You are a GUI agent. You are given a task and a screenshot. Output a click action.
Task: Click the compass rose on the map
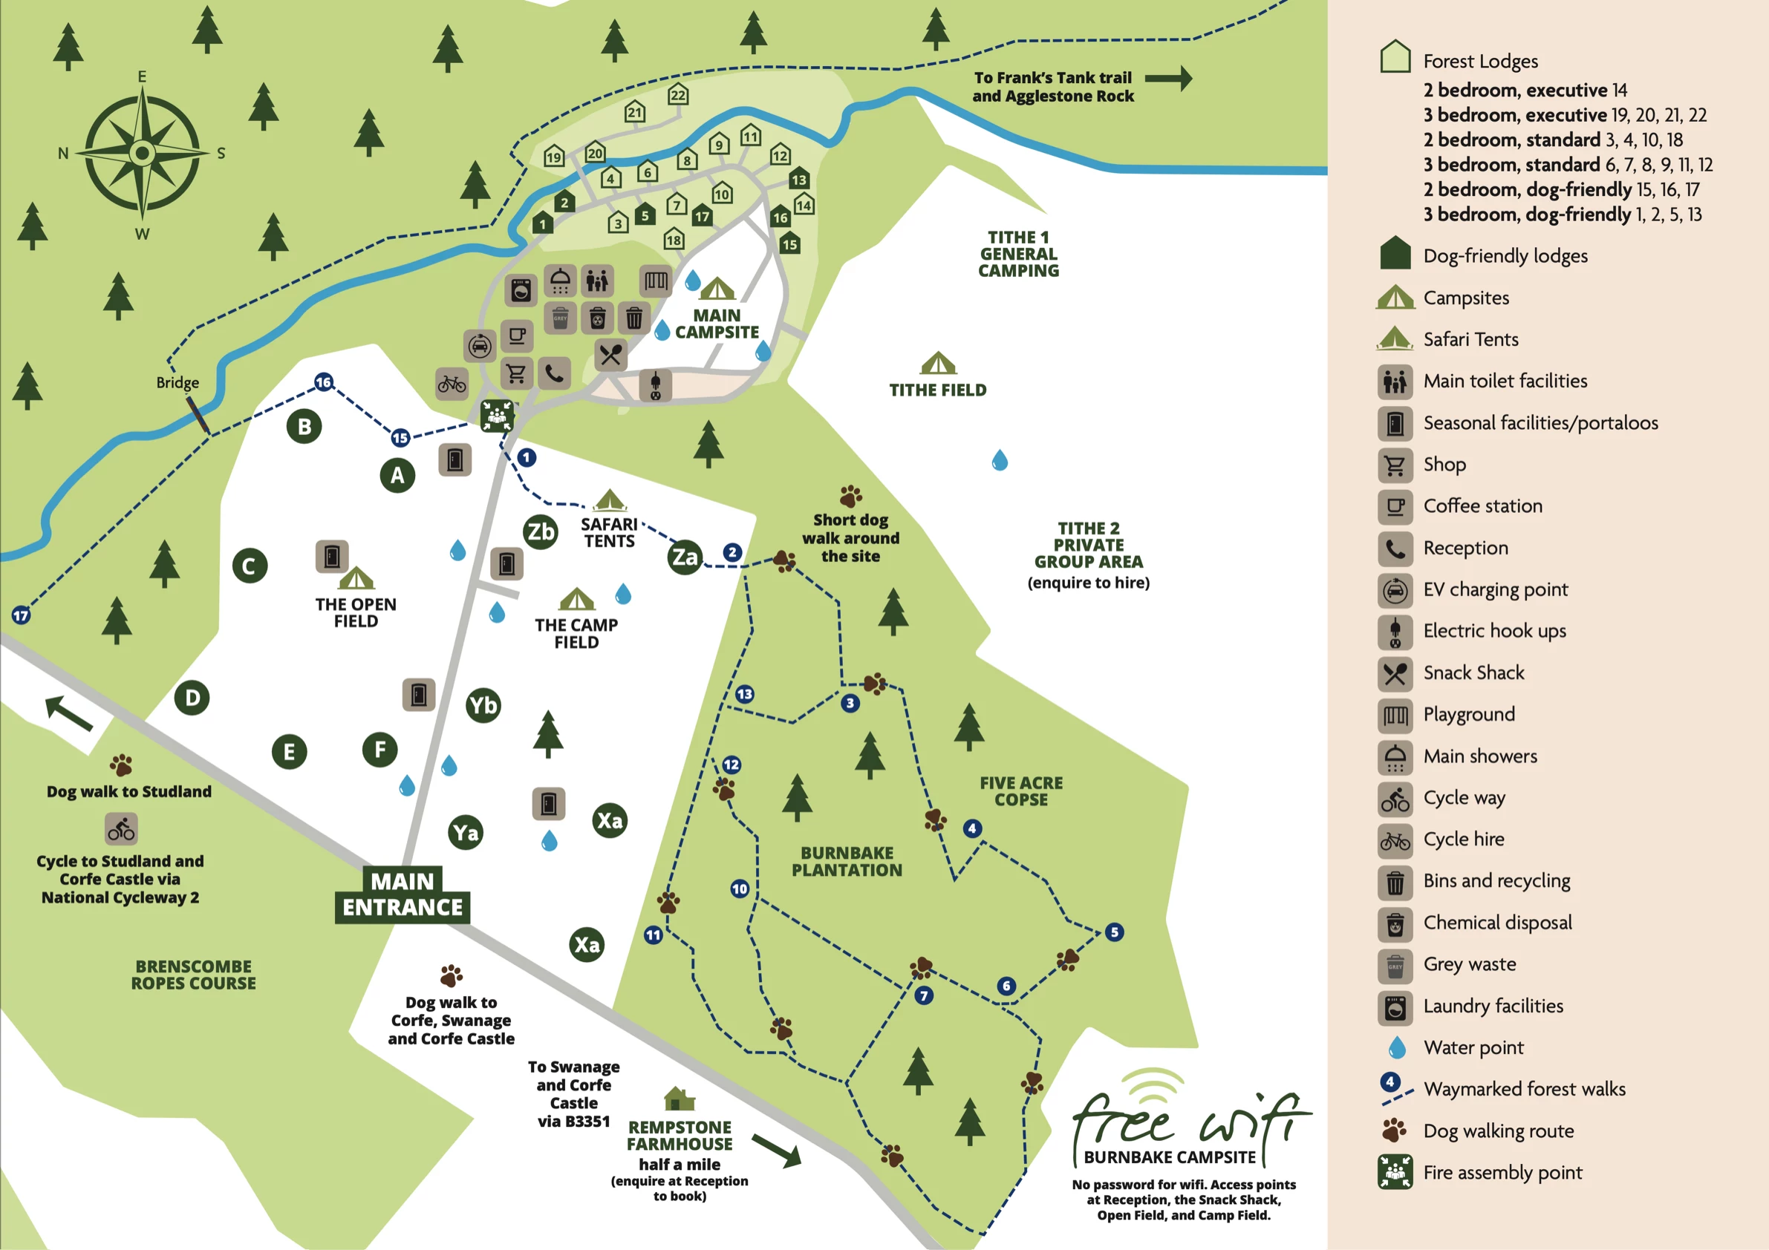(143, 153)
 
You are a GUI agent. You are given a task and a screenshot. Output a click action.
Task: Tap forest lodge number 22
(678, 94)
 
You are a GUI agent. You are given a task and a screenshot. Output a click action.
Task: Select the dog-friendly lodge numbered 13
(798, 179)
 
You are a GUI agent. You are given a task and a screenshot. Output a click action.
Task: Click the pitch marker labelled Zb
(540, 531)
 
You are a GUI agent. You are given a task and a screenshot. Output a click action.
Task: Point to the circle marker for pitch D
(192, 698)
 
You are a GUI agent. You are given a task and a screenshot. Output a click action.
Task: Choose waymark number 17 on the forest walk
(21, 615)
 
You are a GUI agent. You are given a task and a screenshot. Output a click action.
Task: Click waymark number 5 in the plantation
(1114, 932)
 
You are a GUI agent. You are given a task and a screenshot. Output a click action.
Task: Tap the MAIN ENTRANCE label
(403, 894)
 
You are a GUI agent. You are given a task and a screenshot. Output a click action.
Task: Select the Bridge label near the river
(177, 383)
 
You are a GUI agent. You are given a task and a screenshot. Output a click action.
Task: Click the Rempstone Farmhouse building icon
(679, 1099)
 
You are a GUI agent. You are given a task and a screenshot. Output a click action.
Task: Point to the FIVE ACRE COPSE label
(1021, 791)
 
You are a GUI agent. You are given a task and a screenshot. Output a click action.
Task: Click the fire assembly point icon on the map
(497, 416)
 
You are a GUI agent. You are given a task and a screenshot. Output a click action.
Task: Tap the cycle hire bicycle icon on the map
(452, 384)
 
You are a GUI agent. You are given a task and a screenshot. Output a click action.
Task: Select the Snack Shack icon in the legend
(1395, 674)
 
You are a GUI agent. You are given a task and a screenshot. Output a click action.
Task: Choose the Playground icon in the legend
(1395, 716)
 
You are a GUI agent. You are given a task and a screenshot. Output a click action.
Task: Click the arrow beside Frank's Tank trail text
(1168, 78)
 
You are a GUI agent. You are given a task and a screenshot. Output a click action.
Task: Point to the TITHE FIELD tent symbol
(938, 363)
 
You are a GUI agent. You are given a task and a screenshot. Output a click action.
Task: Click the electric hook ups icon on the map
(656, 385)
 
